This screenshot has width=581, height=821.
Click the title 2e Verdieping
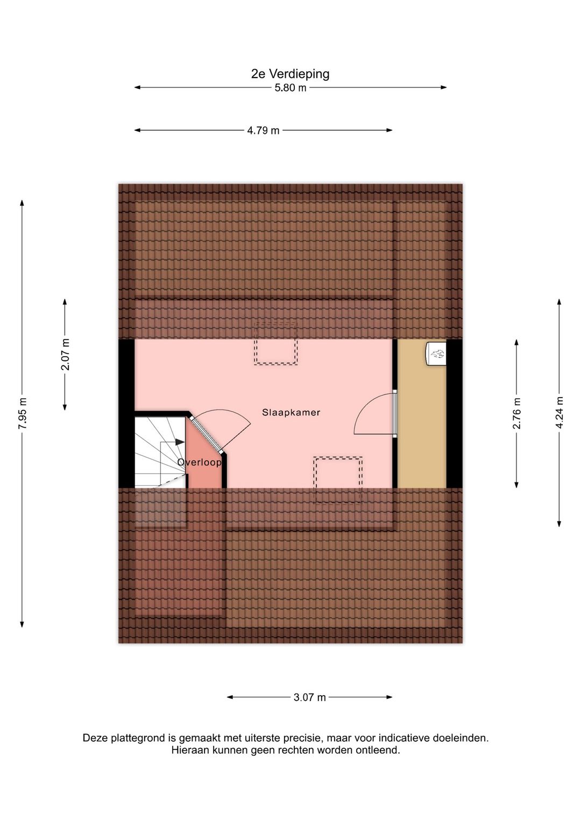290,74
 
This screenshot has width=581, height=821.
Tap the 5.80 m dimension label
290,88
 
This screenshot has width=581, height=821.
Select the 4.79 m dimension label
263,130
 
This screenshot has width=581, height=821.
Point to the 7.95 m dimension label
23,413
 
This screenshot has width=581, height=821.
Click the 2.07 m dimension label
65,355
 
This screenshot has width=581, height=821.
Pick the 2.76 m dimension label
516,413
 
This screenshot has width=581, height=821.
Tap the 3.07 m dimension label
309,697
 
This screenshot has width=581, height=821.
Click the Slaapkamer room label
291,413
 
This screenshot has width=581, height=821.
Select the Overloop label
200,462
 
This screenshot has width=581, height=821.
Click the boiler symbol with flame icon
436,353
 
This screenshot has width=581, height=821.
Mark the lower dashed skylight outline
338,480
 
